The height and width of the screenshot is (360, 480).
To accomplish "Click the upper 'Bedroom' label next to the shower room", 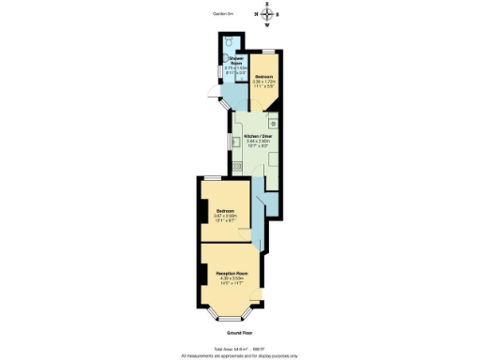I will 264,76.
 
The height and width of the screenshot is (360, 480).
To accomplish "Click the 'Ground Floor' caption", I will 240,333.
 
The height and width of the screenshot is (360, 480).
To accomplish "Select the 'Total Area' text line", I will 240,349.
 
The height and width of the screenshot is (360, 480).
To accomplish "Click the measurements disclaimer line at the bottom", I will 240,355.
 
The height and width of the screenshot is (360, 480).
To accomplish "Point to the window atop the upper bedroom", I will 267,50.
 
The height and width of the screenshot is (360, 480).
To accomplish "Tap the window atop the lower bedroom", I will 226,178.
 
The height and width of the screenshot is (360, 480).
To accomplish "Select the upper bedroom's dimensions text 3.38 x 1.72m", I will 264,82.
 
